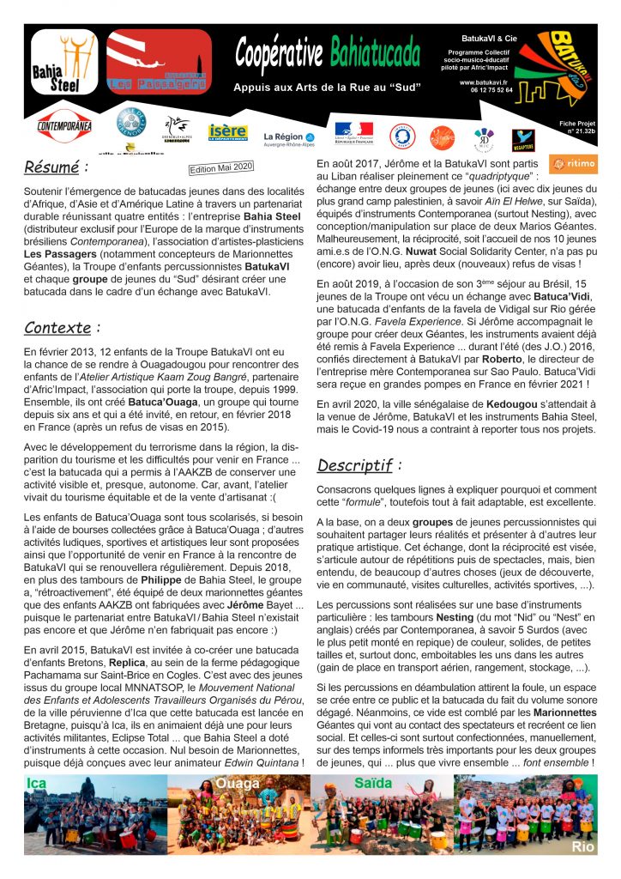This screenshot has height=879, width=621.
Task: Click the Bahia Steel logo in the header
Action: tap(64, 61)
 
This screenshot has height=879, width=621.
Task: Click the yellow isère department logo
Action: tap(227, 131)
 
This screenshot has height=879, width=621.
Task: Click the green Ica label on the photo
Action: tap(38, 783)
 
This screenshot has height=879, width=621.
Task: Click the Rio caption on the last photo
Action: tap(580, 846)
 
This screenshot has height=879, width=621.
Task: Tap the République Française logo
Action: tap(353, 134)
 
